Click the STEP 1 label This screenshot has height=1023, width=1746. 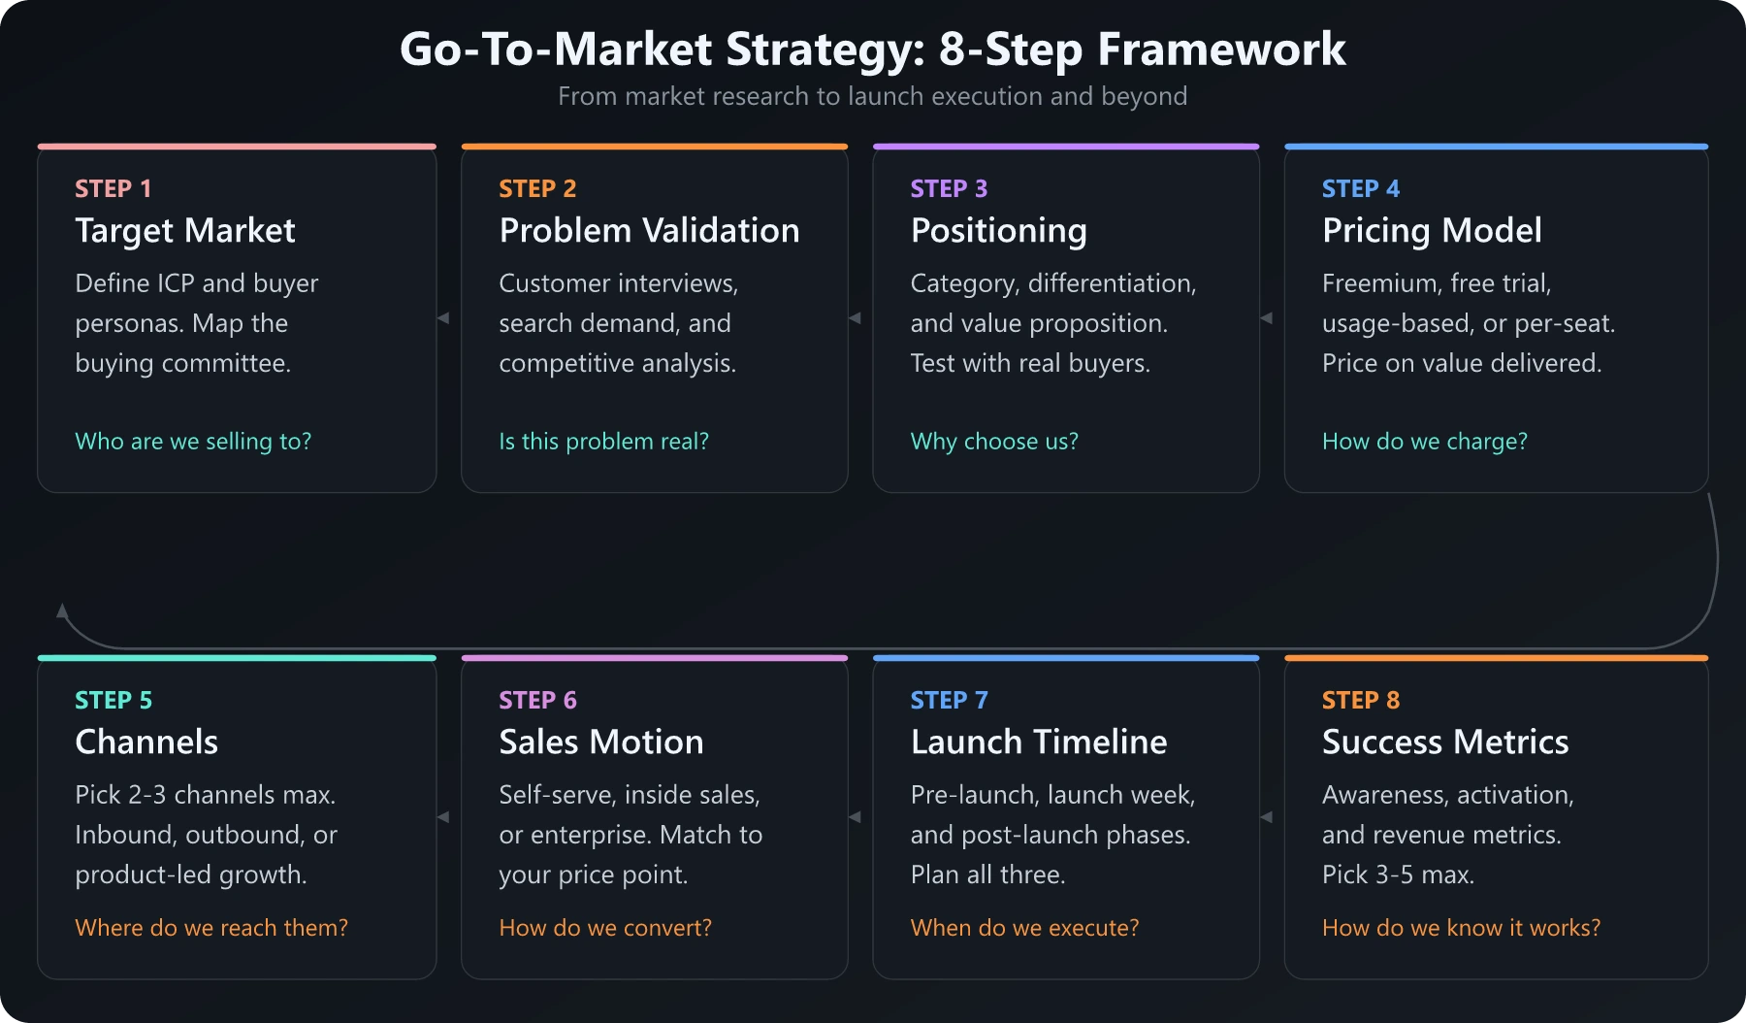click(x=113, y=188)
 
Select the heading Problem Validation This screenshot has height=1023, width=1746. click(x=649, y=231)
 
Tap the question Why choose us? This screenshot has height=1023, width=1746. click(x=993, y=442)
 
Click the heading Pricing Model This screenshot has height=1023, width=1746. click(x=1431, y=231)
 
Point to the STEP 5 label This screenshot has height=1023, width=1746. click(x=113, y=700)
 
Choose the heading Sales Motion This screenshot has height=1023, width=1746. click(x=600, y=742)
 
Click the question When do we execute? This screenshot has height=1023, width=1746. click(x=1024, y=928)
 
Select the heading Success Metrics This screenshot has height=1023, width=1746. click(x=1444, y=742)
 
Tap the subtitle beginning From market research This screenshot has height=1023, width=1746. click(x=872, y=96)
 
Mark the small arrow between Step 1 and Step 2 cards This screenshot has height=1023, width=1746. click(x=443, y=318)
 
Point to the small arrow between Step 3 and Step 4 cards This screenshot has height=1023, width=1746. click(x=1266, y=318)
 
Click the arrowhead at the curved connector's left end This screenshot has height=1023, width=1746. click(x=62, y=611)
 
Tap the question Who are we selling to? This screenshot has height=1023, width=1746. click(x=193, y=442)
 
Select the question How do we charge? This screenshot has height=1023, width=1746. click(x=1424, y=442)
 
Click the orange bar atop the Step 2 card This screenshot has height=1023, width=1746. click(x=654, y=147)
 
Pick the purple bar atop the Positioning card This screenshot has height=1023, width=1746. click(x=1065, y=147)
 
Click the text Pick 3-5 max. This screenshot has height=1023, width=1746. click(x=1398, y=874)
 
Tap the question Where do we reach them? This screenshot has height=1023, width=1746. click(x=210, y=928)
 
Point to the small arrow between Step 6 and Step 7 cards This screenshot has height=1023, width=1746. click(x=855, y=817)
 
